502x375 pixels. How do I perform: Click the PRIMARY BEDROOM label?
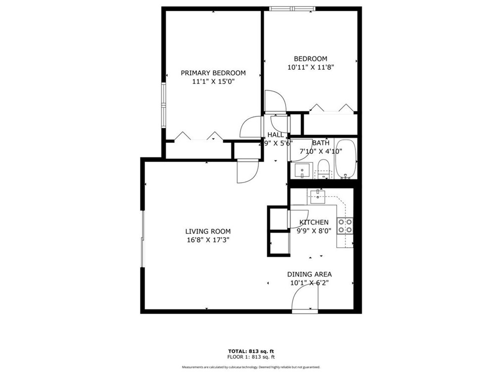click(213, 73)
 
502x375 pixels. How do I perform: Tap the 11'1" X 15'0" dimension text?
click(213, 82)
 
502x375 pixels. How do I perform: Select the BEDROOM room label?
click(310, 59)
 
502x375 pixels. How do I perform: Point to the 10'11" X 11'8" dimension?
click(310, 68)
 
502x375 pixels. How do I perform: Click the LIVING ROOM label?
click(208, 231)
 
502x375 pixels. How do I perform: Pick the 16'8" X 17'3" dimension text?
click(208, 240)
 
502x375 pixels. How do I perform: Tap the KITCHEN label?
click(313, 222)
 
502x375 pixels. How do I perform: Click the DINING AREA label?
click(309, 274)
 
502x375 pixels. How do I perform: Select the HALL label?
click(276, 135)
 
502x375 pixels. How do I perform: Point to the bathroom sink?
click(302, 171)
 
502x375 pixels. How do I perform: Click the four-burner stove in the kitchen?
click(345, 226)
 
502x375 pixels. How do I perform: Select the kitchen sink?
click(317, 197)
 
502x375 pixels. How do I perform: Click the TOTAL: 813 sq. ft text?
click(251, 351)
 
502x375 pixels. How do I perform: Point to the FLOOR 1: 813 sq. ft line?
click(251, 357)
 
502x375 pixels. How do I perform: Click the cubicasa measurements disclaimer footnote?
click(251, 367)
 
